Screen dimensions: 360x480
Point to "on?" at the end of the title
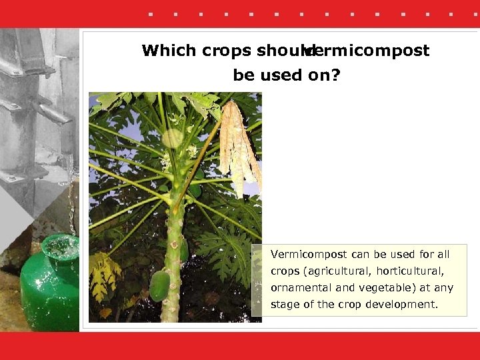click(324, 75)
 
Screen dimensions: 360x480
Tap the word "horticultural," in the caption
click(410, 271)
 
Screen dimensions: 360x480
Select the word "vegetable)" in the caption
click(387, 288)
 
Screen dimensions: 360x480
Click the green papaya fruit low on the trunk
click(159, 285)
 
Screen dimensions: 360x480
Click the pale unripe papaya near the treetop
click(173, 138)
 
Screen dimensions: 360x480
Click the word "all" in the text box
click(443, 255)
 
